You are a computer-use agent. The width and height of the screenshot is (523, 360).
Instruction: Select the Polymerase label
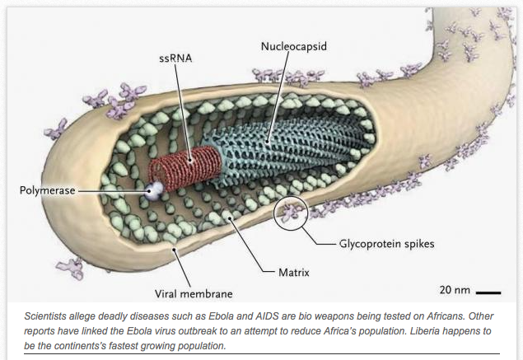[x=49, y=190]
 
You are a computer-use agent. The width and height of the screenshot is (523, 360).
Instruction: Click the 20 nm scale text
[x=455, y=290]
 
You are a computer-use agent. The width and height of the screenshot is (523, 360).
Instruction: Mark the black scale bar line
[x=488, y=292]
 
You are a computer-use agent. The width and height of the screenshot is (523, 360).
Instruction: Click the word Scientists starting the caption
[x=48, y=316]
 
